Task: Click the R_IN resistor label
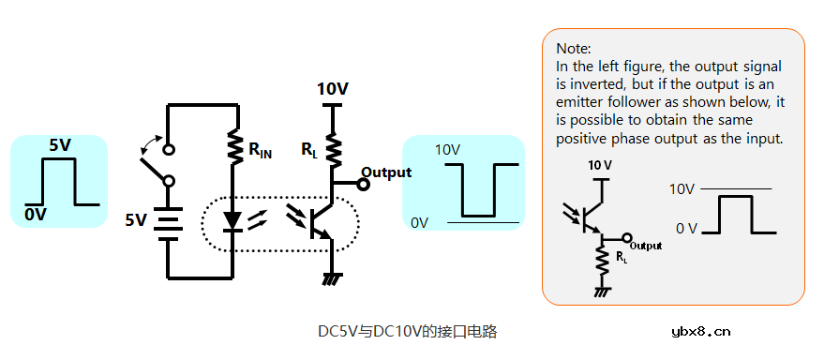coord(260,151)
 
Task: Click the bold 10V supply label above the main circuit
coord(333,89)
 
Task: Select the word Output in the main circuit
coord(386,172)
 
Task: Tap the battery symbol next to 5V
coord(168,221)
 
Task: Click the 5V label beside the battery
coord(136,220)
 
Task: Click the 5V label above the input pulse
coord(60,145)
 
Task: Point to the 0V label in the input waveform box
coord(36,216)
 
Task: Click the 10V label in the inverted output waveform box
coord(446,150)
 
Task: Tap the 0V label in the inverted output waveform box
coord(419,222)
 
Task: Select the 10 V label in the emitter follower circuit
coord(599,165)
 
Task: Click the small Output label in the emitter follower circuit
coord(646,246)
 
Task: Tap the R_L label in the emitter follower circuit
coord(622,257)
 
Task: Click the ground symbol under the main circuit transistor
coord(331,277)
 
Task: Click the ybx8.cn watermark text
coord(701,331)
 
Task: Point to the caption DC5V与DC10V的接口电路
coord(407,331)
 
